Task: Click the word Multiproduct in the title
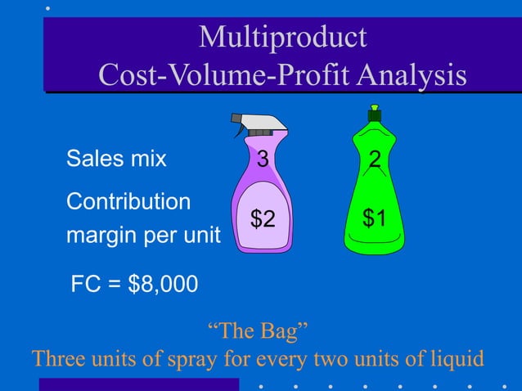tap(282, 38)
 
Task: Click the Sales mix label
tap(116, 159)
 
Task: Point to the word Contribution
tap(128, 201)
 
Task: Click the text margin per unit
tap(143, 236)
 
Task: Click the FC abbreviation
tap(86, 285)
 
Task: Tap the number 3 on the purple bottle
tap(263, 160)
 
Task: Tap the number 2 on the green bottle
tap(375, 160)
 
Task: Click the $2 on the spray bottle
tap(263, 218)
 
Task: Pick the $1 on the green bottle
tap(375, 218)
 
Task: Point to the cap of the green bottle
tap(375, 115)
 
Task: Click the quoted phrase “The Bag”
tap(258, 331)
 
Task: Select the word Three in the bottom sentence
tap(59, 358)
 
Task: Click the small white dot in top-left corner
tap(48, 7)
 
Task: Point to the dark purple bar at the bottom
tap(139, 384)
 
